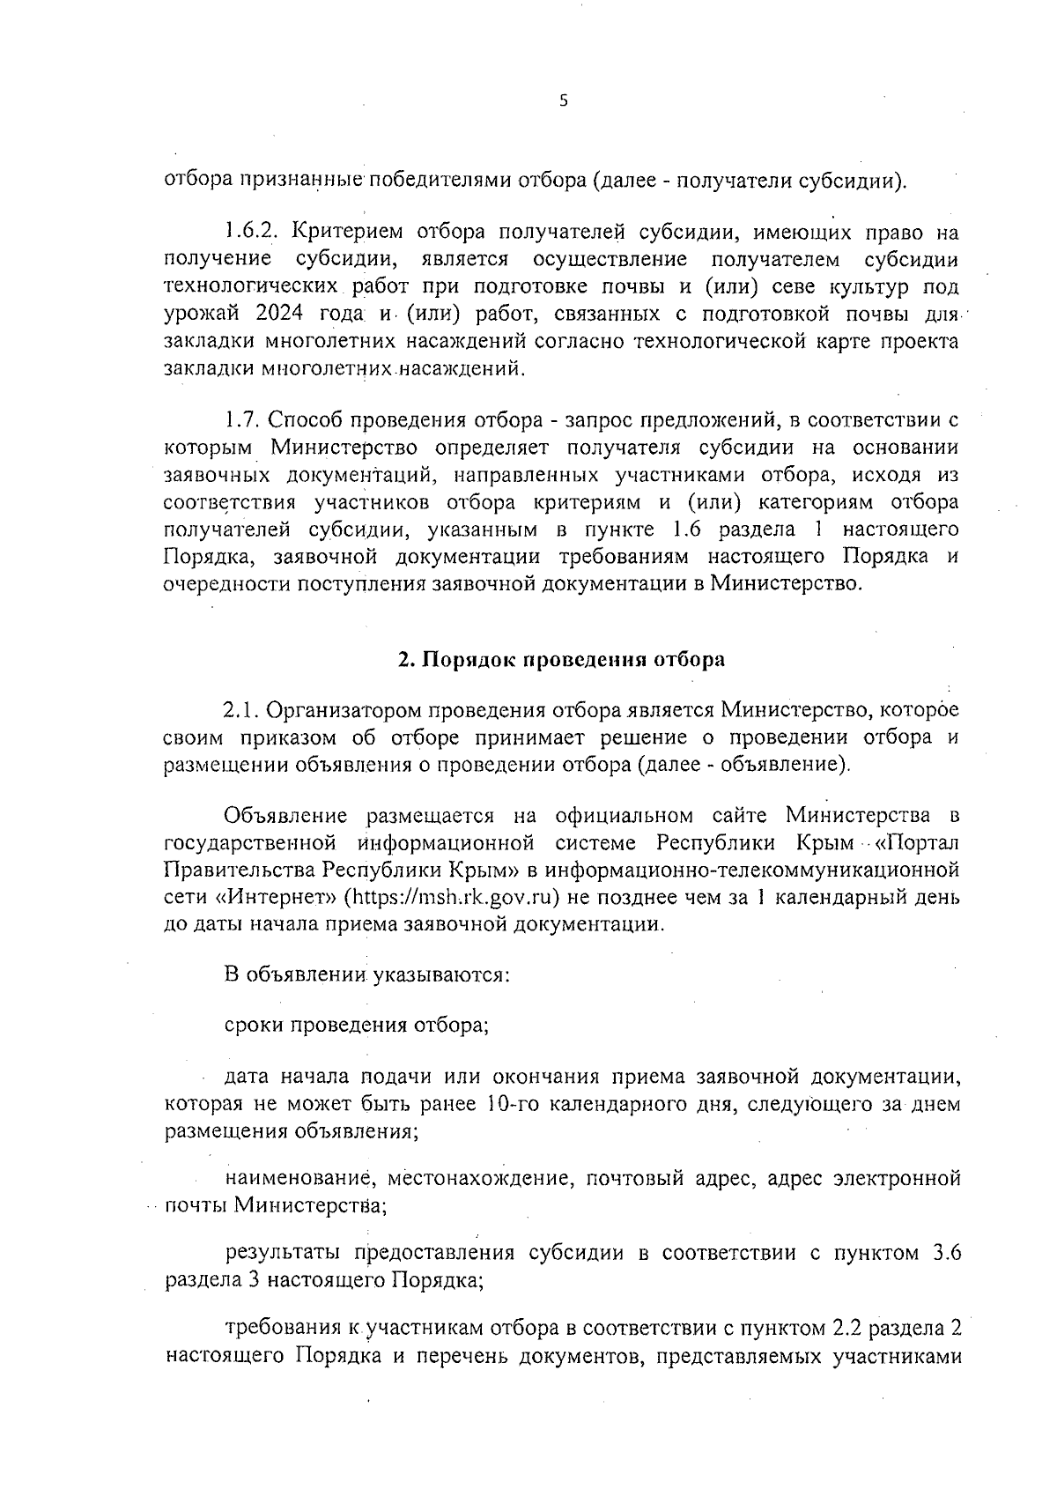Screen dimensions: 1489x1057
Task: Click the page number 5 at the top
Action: [564, 101]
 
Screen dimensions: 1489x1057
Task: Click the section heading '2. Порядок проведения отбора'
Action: [561, 660]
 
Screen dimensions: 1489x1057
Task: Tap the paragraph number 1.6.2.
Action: [252, 233]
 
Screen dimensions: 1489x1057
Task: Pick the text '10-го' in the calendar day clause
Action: [509, 1104]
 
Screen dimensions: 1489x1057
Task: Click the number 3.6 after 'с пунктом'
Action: [945, 1254]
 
